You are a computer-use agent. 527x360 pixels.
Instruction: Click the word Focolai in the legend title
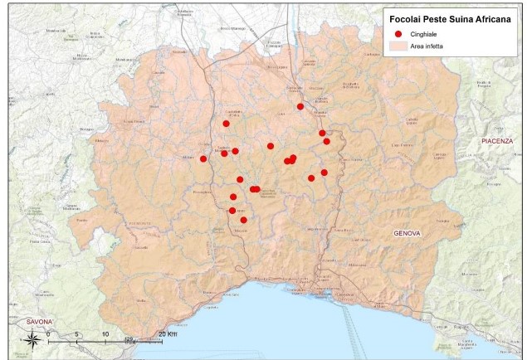pyautogui.click(x=405, y=16)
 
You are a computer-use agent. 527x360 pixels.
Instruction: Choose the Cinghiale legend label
pyautogui.click(x=423, y=34)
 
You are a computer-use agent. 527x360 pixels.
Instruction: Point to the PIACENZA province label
pyautogui.click(x=497, y=142)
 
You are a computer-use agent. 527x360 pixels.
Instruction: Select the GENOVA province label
pyautogui.click(x=407, y=233)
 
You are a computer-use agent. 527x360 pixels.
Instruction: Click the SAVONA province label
pyautogui.click(x=39, y=321)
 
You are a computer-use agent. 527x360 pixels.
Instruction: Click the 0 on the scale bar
pyautogui.click(x=48, y=334)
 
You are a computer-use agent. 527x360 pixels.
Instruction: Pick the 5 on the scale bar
pyautogui.click(x=76, y=334)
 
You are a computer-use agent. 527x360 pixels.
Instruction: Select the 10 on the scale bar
pyautogui.click(x=105, y=334)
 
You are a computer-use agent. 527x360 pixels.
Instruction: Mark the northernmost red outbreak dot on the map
pyautogui.click(x=300, y=106)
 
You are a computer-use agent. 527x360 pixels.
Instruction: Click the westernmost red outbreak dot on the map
pyautogui.click(x=203, y=158)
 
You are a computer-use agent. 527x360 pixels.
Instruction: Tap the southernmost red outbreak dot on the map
pyautogui.click(x=243, y=220)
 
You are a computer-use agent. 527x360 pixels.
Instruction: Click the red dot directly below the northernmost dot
pyautogui.click(x=322, y=133)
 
